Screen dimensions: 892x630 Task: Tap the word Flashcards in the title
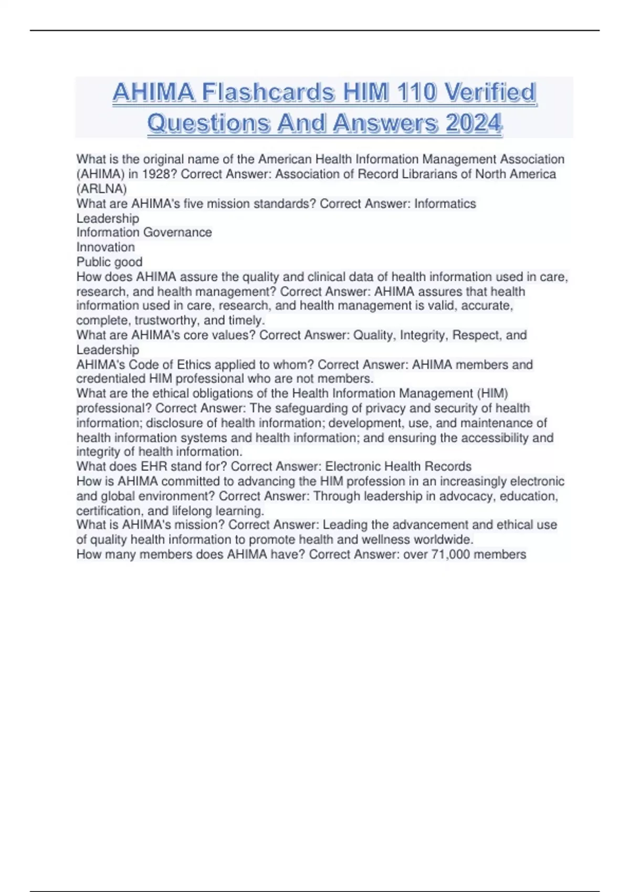pos(268,93)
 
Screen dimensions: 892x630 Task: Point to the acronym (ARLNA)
pos(102,189)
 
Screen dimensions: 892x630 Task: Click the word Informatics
pos(445,204)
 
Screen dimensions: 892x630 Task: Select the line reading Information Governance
pos(144,232)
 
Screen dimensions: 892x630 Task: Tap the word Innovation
pos(106,247)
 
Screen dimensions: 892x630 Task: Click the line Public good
pos(109,262)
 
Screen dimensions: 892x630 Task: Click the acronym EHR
pos(153,466)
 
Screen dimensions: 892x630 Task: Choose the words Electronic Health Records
pos(398,466)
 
